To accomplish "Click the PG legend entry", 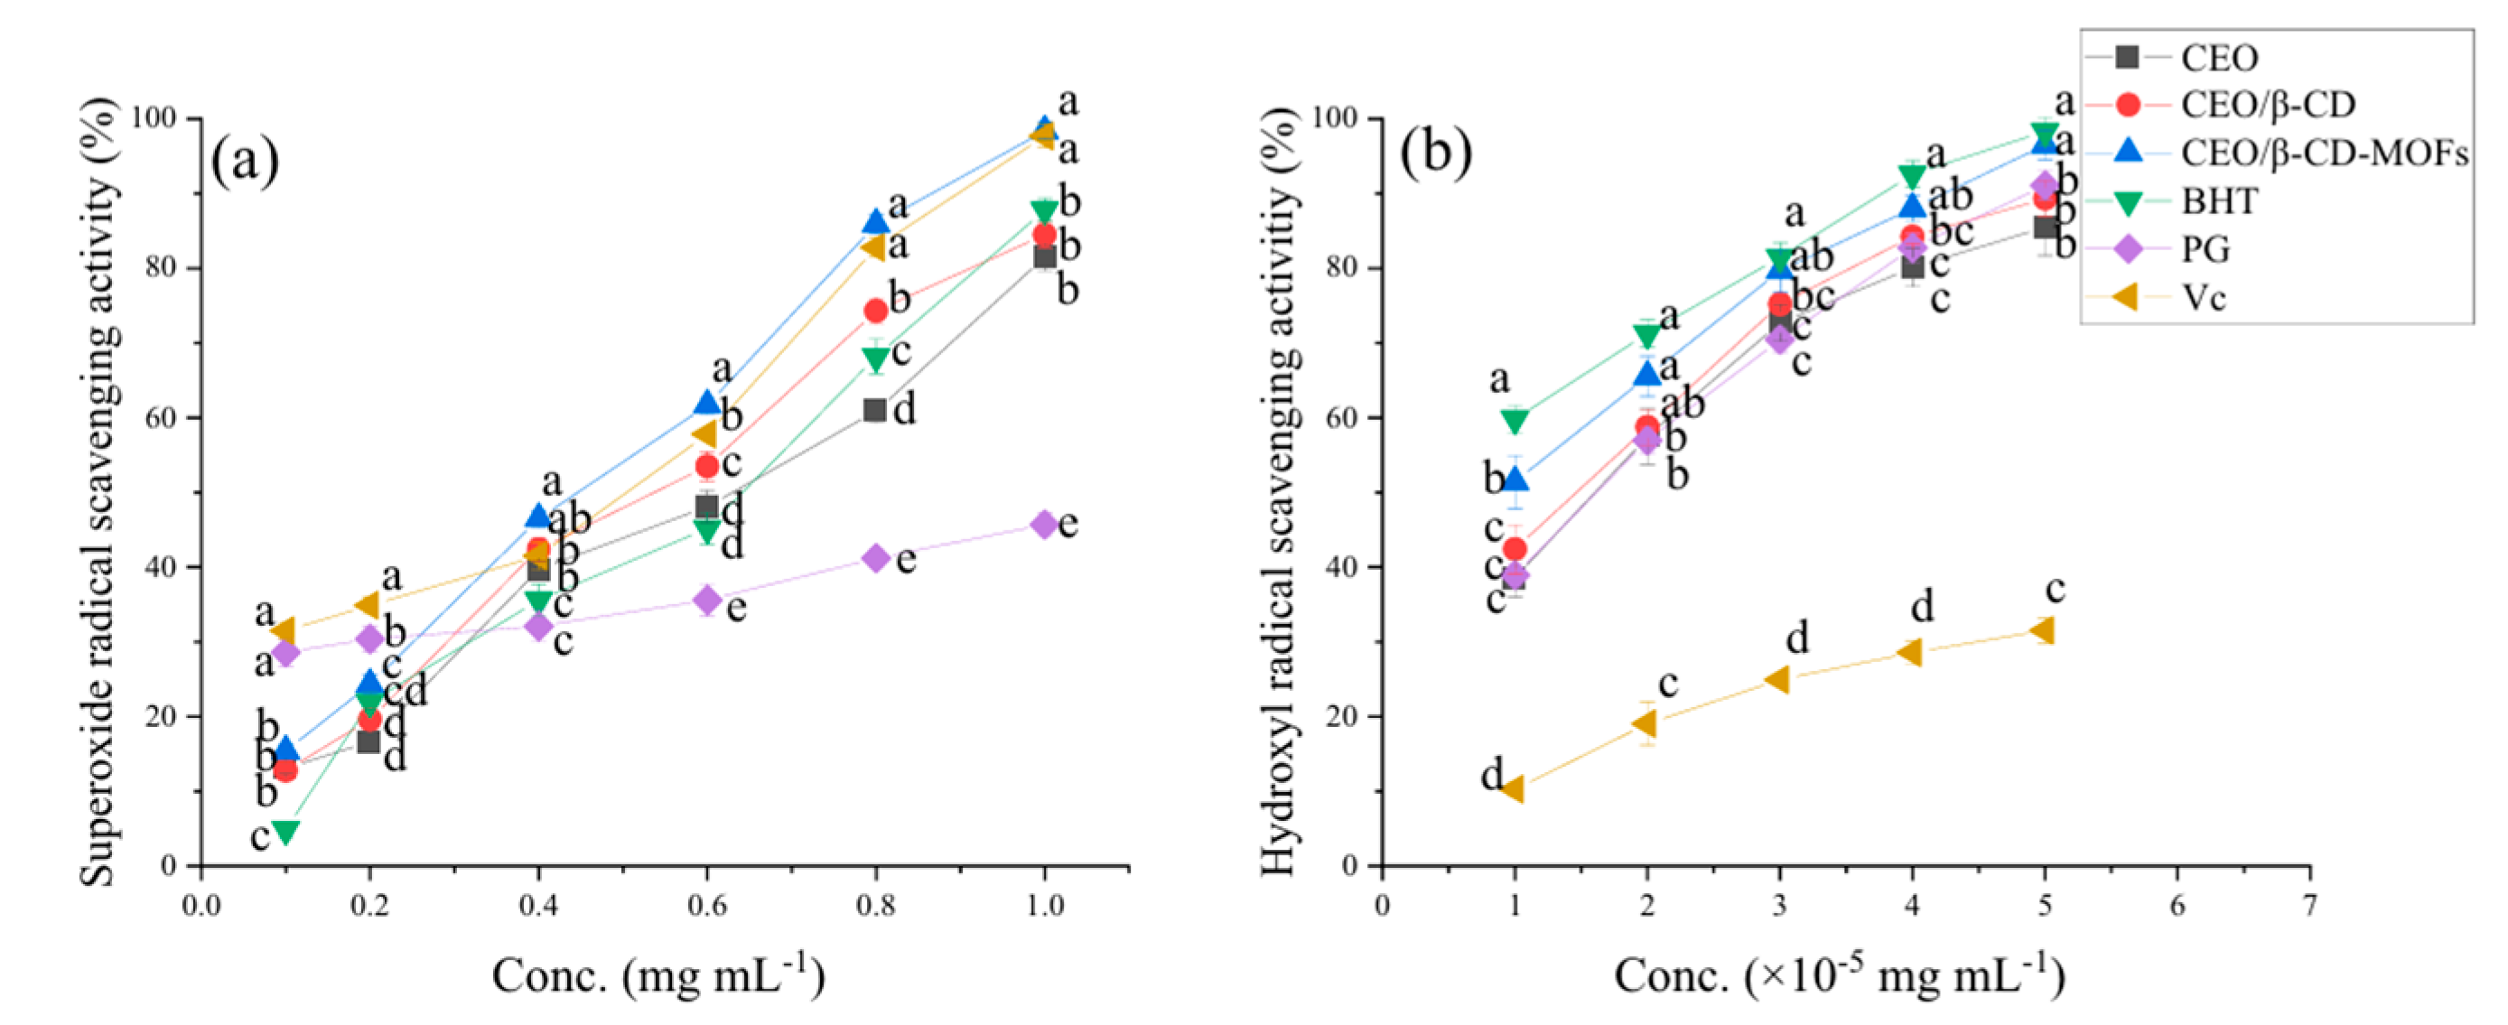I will [x=2205, y=249].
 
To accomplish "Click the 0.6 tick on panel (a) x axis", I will [x=707, y=905].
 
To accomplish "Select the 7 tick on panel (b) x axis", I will [x=2309, y=905].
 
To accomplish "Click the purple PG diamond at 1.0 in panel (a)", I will [x=1045, y=525].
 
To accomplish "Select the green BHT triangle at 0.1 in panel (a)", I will [x=285, y=833].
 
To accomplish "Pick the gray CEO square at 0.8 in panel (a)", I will [x=875, y=410].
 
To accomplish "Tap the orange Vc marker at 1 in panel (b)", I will [x=1512, y=788].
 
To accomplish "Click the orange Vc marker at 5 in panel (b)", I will [x=2043, y=630].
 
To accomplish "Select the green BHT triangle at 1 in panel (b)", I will [x=1514, y=421].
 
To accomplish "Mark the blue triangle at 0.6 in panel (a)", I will [x=707, y=402].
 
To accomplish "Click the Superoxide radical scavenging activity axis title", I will [x=99, y=490].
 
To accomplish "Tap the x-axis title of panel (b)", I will [x=1839, y=976].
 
